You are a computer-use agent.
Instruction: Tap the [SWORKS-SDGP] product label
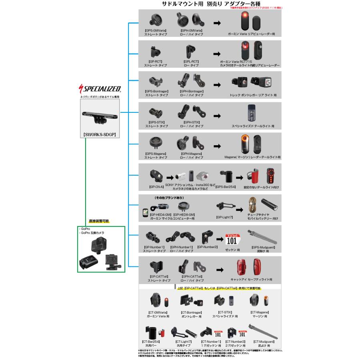(99, 135)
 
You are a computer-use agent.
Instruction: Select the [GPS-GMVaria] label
(156, 31)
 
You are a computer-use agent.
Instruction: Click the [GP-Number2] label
(208, 247)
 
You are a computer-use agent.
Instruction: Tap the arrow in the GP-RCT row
(217, 54)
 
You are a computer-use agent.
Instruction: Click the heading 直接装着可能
(99, 221)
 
